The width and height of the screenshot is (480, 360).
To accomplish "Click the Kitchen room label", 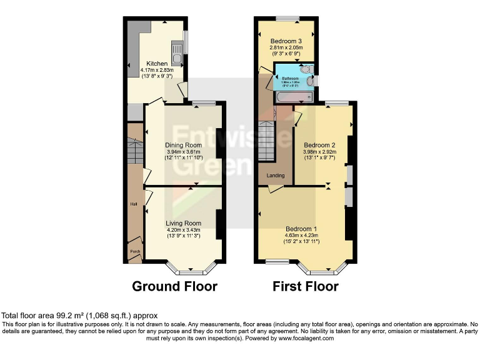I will tap(157, 64).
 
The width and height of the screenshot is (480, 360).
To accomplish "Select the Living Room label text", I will tap(183, 223).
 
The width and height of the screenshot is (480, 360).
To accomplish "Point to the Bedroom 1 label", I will tap(302, 228).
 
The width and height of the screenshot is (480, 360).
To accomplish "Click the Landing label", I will tap(276, 176).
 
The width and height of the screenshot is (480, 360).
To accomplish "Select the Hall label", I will tap(134, 204).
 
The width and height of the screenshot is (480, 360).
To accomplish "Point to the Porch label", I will tap(134, 252).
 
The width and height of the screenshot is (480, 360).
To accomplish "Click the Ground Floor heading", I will tap(174, 287).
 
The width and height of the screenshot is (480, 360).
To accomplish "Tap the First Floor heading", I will tap(305, 287).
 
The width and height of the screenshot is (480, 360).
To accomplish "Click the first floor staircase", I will tap(267, 141).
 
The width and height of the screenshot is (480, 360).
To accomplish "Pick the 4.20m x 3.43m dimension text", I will tap(183, 229).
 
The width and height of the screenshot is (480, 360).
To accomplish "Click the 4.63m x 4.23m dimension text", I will tap(302, 235).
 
